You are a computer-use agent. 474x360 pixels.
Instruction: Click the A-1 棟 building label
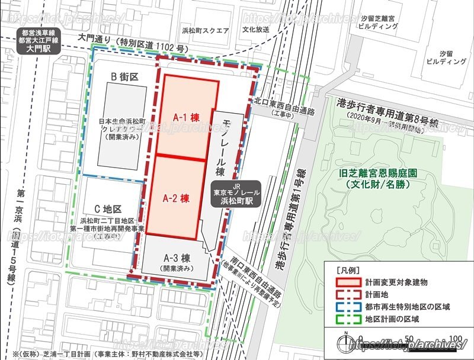click(185, 117)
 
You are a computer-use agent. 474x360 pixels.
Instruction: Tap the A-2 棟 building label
click(176, 197)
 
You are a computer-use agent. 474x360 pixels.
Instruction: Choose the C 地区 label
click(107, 209)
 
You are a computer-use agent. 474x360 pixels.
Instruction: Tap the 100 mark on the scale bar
click(456, 338)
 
